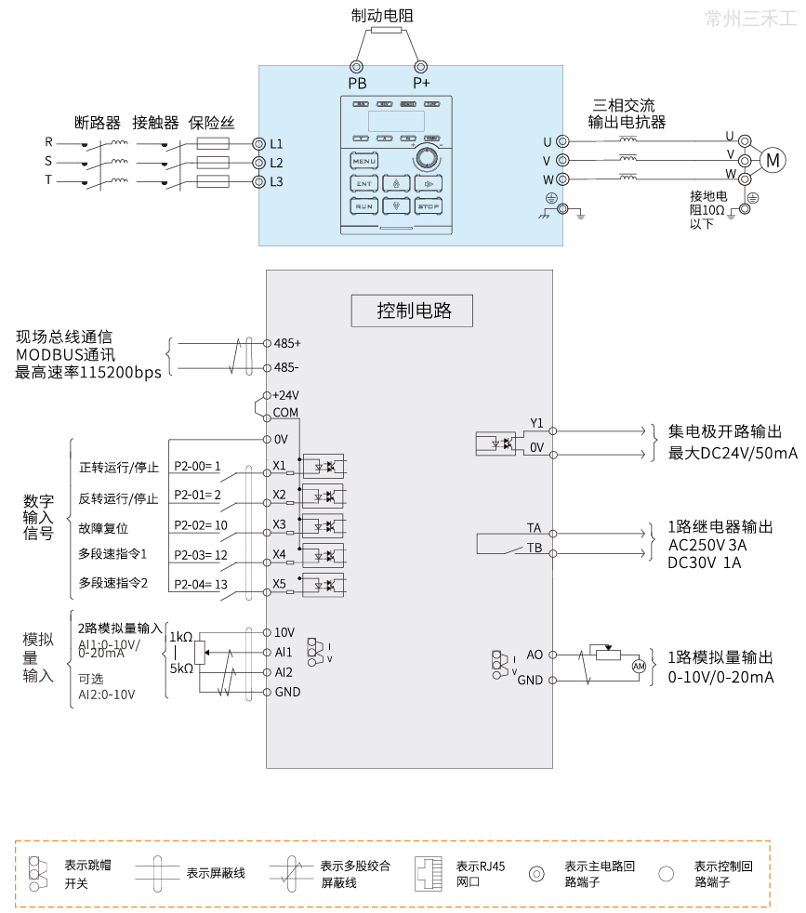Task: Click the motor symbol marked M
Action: click(773, 161)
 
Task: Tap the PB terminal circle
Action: click(356, 67)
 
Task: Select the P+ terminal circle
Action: click(420, 67)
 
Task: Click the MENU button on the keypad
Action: click(364, 162)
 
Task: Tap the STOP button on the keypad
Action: click(429, 205)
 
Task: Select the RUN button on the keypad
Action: click(364, 205)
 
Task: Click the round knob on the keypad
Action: click(428, 158)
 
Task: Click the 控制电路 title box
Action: click(413, 311)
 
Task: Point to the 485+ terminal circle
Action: click(267, 343)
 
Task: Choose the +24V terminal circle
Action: click(267, 394)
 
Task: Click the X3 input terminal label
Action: click(279, 524)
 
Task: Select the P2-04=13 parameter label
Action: click(200, 584)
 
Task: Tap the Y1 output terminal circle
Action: click(552, 431)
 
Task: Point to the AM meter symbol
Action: click(639, 667)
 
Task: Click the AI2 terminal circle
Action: click(267, 672)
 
